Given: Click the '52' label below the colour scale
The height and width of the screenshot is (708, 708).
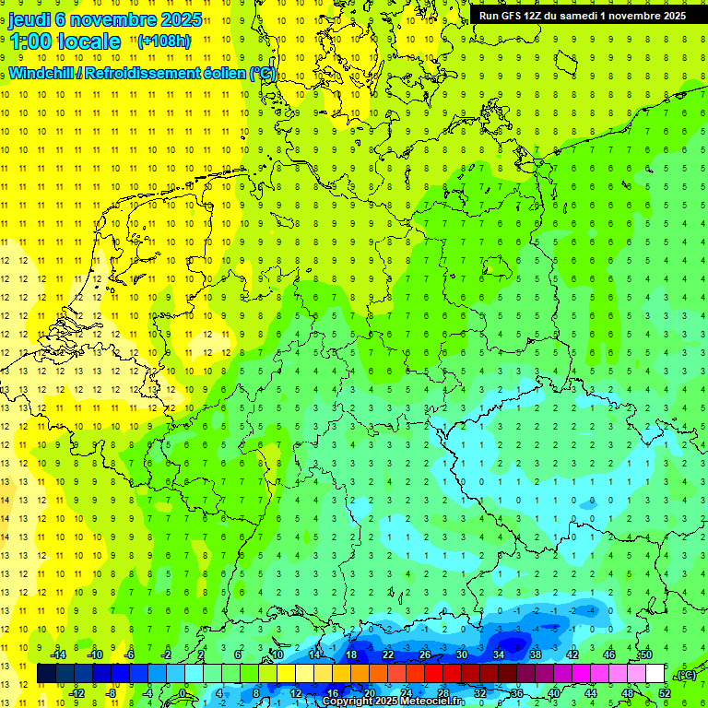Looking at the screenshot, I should (665, 693).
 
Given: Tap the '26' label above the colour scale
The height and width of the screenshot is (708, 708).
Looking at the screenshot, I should (425, 655).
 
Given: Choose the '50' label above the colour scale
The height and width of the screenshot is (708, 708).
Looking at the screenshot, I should (646, 655).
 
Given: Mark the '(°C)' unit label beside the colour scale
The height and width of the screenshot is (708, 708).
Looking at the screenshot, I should (686, 675).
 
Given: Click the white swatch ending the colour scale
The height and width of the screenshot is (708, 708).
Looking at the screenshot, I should (655, 674).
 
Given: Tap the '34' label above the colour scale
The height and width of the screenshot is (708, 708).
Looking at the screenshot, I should (499, 655).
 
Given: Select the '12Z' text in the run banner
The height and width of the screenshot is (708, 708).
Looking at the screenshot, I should (541, 16).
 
